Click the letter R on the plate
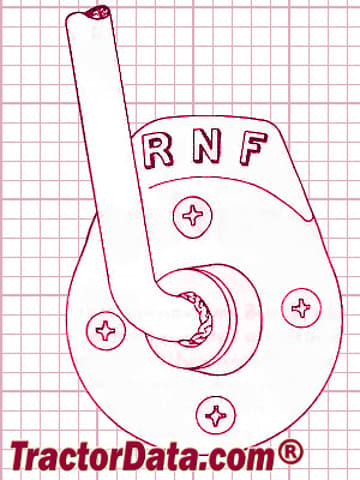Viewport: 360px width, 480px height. click(x=157, y=151)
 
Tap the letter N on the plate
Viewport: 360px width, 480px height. click(x=206, y=146)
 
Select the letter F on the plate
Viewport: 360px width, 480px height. click(x=253, y=148)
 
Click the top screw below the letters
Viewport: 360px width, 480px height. click(x=193, y=217)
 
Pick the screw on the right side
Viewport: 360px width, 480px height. click(x=301, y=308)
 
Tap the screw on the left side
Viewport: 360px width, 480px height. click(x=106, y=331)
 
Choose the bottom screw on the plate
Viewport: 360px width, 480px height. click(x=216, y=415)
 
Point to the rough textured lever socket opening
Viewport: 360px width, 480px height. click(x=199, y=317)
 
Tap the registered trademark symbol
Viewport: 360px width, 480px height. click(x=290, y=452)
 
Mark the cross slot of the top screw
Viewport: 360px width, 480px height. click(x=193, y=216)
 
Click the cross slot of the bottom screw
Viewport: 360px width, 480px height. click(x=216, y=416)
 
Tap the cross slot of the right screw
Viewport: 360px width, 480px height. click(x=301, y=308)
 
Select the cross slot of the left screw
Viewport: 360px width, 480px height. click(x=106, y=331)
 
